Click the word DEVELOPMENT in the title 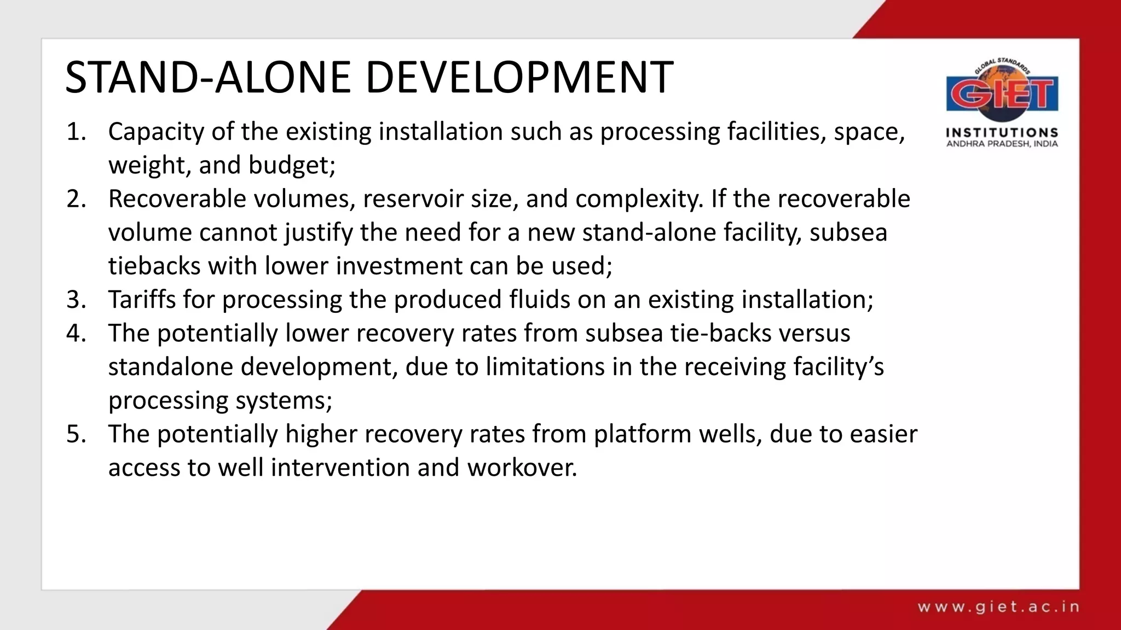coord(519,78)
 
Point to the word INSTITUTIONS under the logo coord(1002,133)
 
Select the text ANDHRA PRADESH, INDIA coord(1002,144)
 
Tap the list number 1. coord(76,132)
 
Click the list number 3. coord(76,300)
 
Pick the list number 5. coord(76,434)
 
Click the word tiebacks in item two coord(154,266)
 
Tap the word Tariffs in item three coord(142,300)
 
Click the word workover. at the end coord(522,468)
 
